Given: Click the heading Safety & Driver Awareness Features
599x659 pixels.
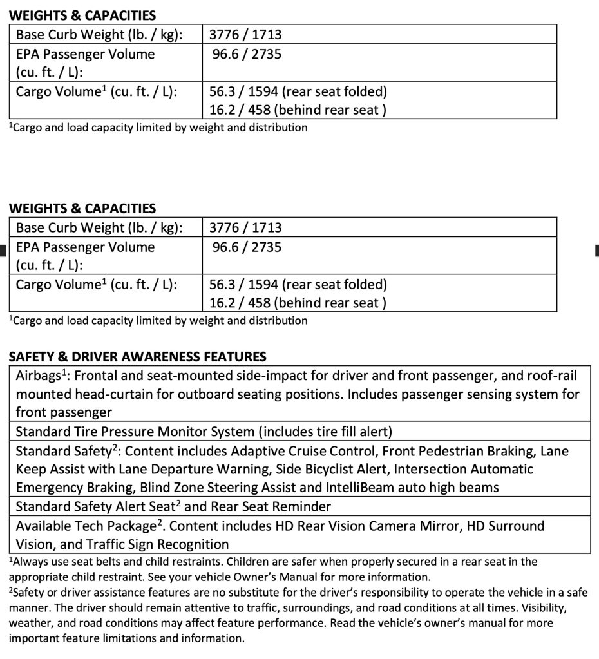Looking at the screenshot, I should pos(137,356).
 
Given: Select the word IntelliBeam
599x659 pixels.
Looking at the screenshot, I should pos(369,488).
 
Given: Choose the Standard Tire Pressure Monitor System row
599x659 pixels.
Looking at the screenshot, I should pos(204,431).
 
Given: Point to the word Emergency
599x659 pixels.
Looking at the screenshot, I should pos(48,488).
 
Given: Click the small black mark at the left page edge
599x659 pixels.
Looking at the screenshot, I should pos(2,249).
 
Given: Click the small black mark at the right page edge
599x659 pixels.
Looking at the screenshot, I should pos(596,249).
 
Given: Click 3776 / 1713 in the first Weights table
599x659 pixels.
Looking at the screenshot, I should pos(245,35).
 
